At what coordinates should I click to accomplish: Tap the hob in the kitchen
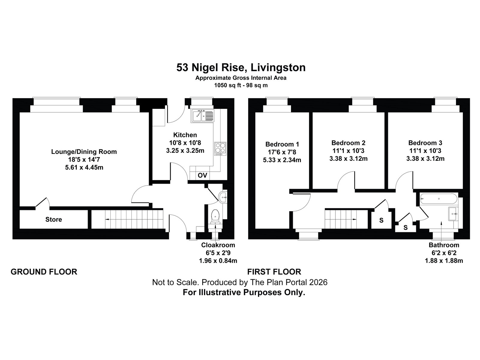click(x=220, y=149)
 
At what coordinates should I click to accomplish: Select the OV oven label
click(x=202, y=175)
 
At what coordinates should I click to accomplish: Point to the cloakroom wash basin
click(x=223, y=197)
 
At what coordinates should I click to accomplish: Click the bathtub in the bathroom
click(x=439, y=199)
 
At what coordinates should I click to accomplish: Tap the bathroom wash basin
click(x=453, y=214)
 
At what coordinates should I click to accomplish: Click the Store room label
click(x=54, y=220)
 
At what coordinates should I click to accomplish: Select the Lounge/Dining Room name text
click(x=84, y=152)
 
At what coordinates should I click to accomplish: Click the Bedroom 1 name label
click(x=282, y=144)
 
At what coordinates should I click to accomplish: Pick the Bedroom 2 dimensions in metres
click(x=348, y=158)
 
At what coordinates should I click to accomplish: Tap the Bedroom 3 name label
click(x=425, y=143)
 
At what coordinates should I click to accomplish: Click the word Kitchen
click(x=185, y=135)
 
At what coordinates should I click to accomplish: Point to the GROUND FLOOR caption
click(x=44, y=272)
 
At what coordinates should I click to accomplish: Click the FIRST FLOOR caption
click(x=274, y=272)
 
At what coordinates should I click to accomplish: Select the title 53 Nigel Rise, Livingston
click(x=241, y=67)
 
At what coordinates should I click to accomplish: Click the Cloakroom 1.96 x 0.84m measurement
click(x=218, y=261)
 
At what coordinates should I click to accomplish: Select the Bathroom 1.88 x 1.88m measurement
click(x=444, y=261)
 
